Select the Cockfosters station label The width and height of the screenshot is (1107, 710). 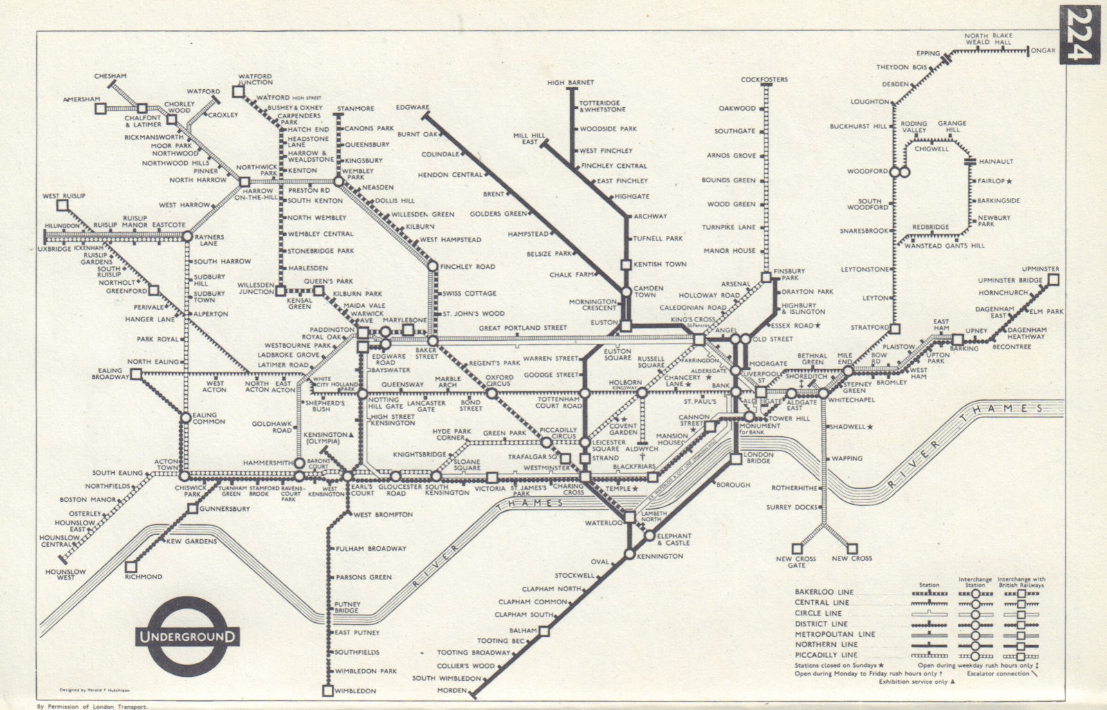tap(764, 80)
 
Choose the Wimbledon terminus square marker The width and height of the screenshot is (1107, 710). tap(327, 691)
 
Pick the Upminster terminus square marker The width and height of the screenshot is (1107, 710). tap(1053, 280)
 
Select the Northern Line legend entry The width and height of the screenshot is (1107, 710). tap(825, 644)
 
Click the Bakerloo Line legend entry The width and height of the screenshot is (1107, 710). tap(825, 592)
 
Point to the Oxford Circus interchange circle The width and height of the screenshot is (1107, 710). tap(491, 393)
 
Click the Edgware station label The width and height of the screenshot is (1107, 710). tap(413, 108)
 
